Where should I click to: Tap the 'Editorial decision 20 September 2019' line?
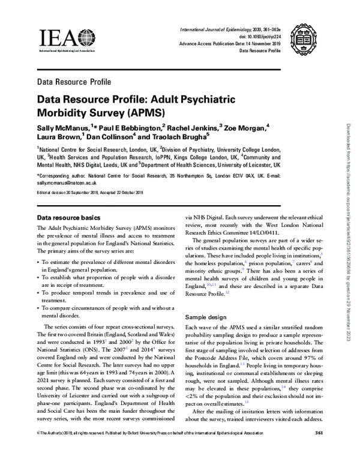[x=65, y=193]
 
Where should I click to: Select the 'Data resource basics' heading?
[x=73, y=217]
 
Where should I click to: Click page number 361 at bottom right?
[x=318, y=451]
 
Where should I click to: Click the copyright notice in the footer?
[x=150, y=451]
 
